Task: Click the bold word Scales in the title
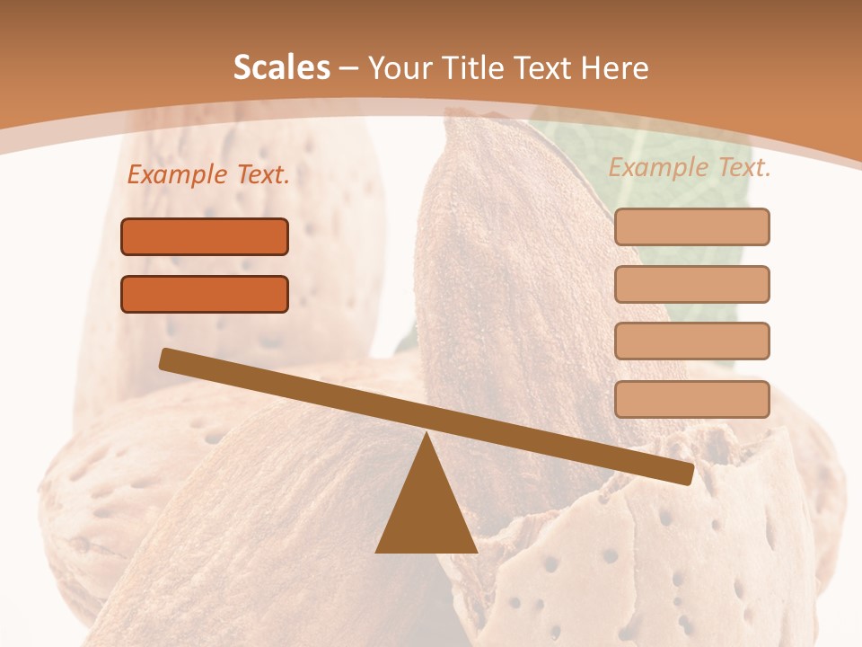coord(281,68)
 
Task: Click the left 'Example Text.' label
coord(208,175)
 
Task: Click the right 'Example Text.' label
coord(690,167)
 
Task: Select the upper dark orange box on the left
coord(205,236)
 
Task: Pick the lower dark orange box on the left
coord(205,294)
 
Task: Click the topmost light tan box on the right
coord(691,226)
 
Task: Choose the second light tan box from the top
coord(691,284)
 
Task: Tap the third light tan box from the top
coord(691,341)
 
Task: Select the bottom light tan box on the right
coord(691,399)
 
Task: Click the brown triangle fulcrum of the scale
coord(426,512)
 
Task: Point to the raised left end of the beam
coord(167,359)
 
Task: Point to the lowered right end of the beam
coord(686,474)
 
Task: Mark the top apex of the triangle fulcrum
coord(426,437)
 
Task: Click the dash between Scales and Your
coord(348,68)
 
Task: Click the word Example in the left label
coord(175,175)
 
